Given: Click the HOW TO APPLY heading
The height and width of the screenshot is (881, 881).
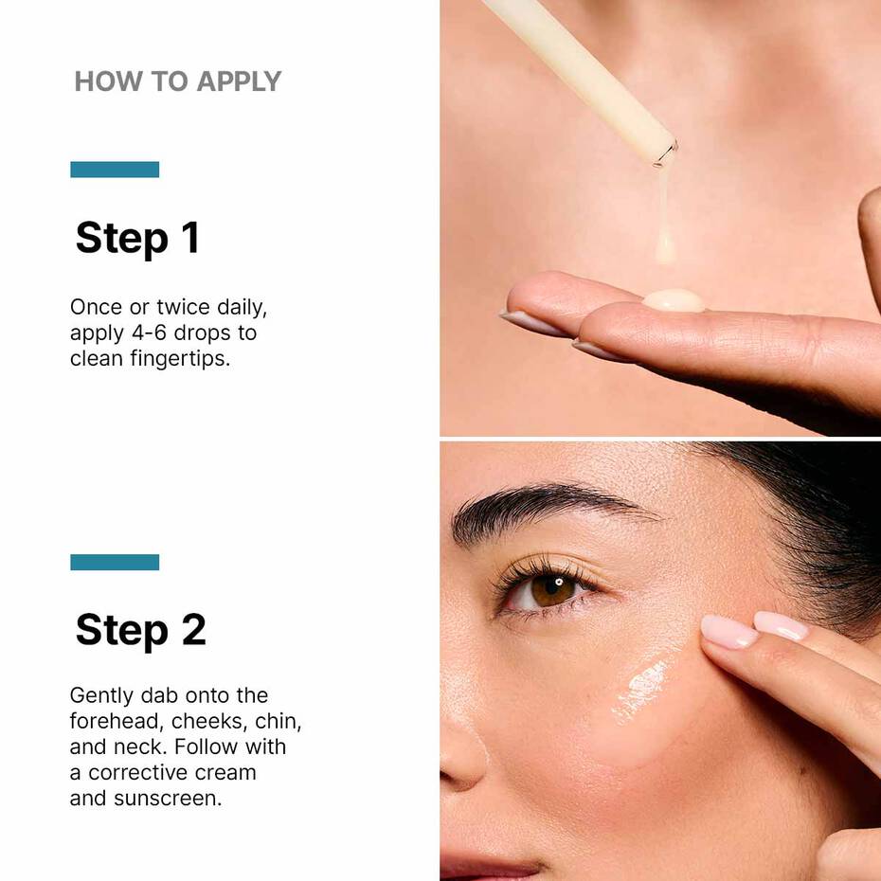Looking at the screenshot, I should (178, 81).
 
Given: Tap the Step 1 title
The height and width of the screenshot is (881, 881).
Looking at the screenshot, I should (137, 238).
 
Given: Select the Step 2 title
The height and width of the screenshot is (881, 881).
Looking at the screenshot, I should (140, 630).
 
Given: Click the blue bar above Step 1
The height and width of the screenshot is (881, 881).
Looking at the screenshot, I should (115, 170).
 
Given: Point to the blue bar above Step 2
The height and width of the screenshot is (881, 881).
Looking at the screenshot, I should (115, 562).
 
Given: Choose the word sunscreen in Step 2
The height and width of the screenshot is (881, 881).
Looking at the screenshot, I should (167, 798).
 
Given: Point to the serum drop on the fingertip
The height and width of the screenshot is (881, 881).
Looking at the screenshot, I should (673, 301).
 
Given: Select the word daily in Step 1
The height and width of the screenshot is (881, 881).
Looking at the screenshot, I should (244, 308).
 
